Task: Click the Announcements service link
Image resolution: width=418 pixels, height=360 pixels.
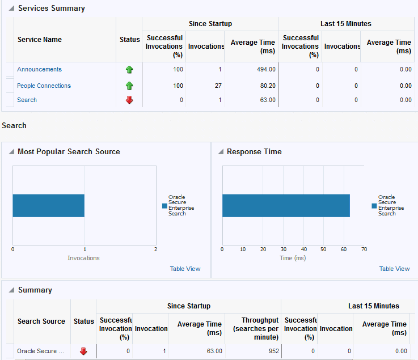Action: coord(39,69)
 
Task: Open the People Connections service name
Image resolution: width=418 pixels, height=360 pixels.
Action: coord(44,86)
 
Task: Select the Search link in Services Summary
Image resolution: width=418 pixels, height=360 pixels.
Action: coord(27,100)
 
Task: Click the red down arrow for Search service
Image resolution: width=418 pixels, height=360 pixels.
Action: coord(129,100)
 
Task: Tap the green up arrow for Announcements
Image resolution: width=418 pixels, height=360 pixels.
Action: coord(129,70)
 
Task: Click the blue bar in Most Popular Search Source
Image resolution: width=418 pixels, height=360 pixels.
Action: coord(48,205)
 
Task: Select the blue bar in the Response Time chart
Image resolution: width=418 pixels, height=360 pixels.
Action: coord(286,205)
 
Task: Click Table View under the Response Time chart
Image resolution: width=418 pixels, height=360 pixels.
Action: coord(394,269)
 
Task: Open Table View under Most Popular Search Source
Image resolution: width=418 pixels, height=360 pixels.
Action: coord(185,269)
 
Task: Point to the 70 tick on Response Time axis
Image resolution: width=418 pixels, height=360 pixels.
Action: coord(364,249)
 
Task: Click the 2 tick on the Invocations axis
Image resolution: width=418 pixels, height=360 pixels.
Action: coord(155,249)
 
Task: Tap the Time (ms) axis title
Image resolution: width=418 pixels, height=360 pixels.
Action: coord(293,258)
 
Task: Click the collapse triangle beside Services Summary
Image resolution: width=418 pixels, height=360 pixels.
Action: coord(11,9)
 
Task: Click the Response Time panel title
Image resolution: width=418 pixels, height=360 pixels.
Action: coord(254,151)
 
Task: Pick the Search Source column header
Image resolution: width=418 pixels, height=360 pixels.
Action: coord(41,321)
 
